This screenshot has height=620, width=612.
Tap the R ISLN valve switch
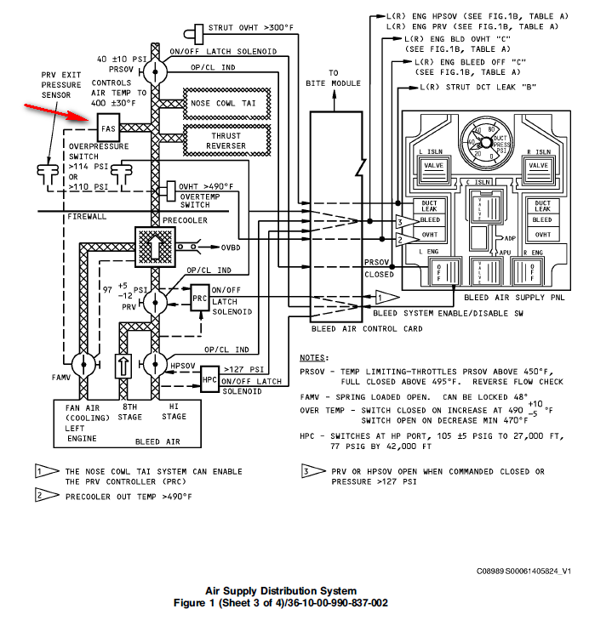[539, 163]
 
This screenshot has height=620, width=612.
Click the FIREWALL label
[87, 217]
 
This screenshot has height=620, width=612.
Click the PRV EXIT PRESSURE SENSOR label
[62, 85]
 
